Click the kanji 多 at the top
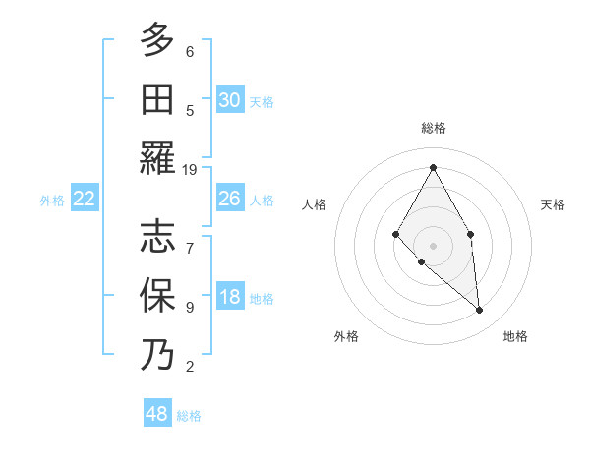[157, 40]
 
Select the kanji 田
[157, 99]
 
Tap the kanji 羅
[157, 158]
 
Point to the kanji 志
[157, 237]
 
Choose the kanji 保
[157, 296]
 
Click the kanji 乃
[157, 355]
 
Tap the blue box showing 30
[229, 99]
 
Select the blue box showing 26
[229, 199]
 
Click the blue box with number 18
[229, 298]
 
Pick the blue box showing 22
[84, 199]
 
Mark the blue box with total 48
[156, 414]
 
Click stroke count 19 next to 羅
[190, 170]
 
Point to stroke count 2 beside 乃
[190, 367]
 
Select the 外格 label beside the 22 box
[52, 201]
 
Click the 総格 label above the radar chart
[433, 128]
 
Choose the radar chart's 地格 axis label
[515, 336]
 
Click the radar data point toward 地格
[480, 311]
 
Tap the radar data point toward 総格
[433, 167]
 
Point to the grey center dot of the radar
[433, 245]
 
